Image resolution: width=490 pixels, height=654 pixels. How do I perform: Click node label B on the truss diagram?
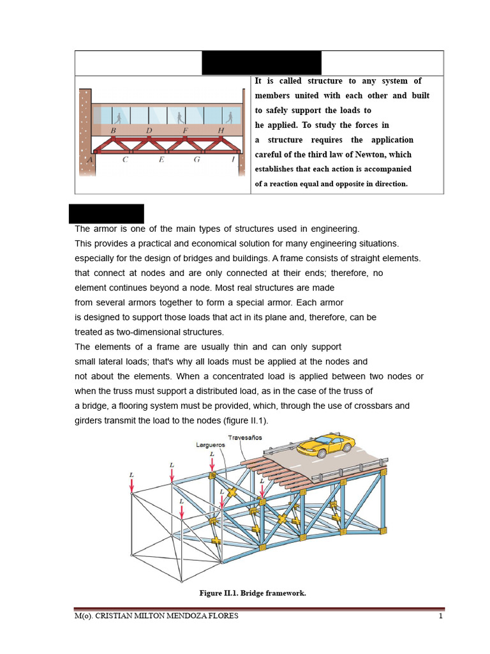(x=113, y=130)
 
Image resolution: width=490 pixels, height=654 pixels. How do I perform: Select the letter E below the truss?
(x=161, y=160)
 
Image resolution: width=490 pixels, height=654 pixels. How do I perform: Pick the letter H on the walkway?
(x=221, y=130)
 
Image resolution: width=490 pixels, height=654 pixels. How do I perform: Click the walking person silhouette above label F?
(x=181, y=117)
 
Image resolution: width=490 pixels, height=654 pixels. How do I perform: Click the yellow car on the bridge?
(x=325, y=445)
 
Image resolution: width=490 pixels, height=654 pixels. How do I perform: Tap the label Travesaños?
(x=245, y=437)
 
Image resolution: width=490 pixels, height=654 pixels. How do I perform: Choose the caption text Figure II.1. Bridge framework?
(x=253, y=593)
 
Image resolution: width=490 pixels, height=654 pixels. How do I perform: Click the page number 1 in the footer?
(x=440, y=616)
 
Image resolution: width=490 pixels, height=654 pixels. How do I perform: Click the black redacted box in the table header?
(x=262, y=63)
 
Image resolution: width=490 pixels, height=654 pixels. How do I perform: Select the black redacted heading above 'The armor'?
(x=107, y=213)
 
